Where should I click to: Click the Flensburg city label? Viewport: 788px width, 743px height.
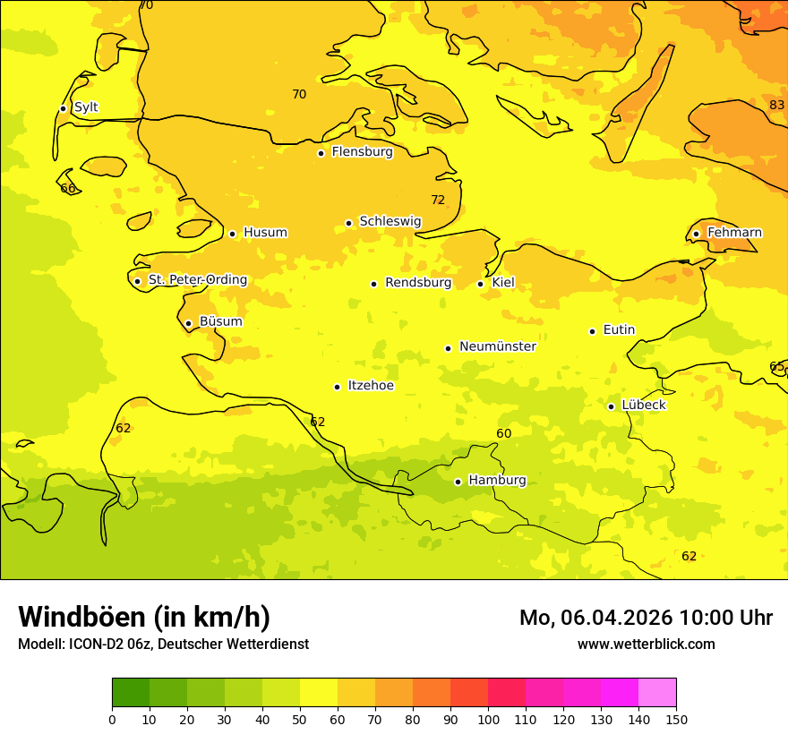coord(362,152)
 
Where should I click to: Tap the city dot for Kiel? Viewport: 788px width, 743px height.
coord(481,284)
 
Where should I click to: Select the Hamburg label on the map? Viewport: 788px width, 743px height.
coord(497,481)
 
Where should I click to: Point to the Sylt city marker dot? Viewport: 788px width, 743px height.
coord(63,108)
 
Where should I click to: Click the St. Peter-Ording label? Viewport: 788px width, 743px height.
coord(197,280)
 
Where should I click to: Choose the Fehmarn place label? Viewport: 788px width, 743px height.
coord(734,233)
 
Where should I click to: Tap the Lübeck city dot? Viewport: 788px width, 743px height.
coord(611,406)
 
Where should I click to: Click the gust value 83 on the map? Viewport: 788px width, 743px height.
coord(776,106)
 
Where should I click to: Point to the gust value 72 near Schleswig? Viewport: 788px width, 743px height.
coord(438,201)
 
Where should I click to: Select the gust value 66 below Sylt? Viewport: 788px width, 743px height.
coord(68,189)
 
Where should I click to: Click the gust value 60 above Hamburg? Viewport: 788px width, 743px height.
coord(504,434)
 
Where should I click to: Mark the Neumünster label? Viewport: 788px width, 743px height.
coord(497,347)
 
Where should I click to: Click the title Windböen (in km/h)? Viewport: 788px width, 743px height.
coord(144,617)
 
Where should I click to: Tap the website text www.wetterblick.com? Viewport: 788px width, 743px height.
coord(646,645)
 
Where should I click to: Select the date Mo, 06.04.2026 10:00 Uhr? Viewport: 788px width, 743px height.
coord(646,618)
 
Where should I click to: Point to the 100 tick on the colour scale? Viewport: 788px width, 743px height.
coord(488,719)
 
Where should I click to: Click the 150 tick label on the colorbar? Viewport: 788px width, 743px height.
coord(676,719)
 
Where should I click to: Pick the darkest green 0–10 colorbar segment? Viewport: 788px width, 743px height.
coord(131,693)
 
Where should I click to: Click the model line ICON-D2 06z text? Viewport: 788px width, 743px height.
coord(163,645)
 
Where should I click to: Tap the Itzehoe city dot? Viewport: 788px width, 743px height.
coord(337,387)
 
